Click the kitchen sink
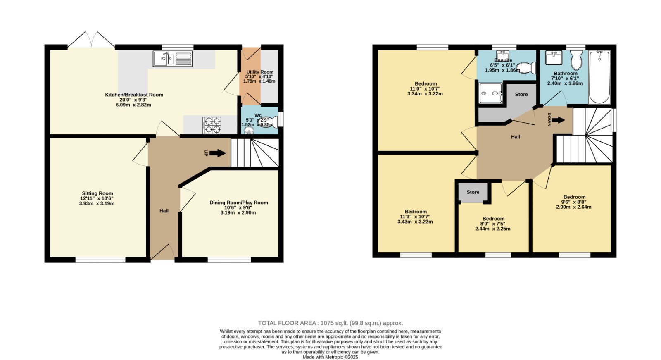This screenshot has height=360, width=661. (x=173, y=58)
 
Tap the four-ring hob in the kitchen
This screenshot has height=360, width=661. (x=212, y=125)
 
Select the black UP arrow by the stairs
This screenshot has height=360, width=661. (x=218, y=153)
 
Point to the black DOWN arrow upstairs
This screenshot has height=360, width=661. (x=558, y=120)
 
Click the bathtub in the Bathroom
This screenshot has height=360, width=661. (x=599, y=77)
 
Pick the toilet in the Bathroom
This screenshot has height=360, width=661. (x=576, y=60)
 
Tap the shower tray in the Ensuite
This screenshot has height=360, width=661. (x=491, y=93)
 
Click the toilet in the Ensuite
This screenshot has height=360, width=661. (x=526, y=68)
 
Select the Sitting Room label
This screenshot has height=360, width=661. (x=97, y=193)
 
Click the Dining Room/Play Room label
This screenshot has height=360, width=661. (x=239, y=203)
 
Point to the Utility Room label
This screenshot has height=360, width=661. (x=260, y=72)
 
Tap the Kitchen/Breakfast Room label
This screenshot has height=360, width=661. (x=134, y=95)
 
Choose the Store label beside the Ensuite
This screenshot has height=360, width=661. (x=521, y=95)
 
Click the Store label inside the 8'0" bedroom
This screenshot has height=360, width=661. (x=473, y=192)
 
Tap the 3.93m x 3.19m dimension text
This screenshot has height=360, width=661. (x=97, y=203)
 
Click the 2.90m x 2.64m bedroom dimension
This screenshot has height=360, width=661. (x=574, y=207)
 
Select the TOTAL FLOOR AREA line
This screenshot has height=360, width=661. (x=330, y=323)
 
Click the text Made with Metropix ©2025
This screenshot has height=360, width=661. (x=330, y=357)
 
